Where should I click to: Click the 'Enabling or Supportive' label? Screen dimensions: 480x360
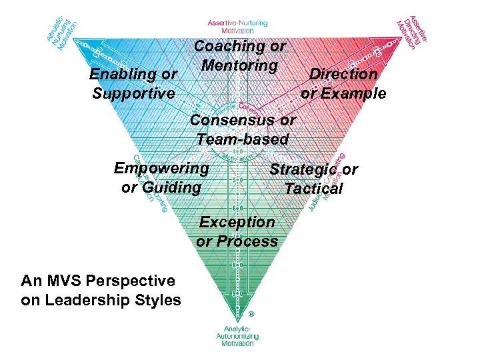(x=133, y=84)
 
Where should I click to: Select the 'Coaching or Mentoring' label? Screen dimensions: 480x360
(x=239, y=56)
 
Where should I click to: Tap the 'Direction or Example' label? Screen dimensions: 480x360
(x=343, y=84)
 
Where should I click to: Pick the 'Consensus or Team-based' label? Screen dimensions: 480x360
(x=243, y=130)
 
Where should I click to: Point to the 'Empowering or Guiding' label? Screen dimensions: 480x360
(x=161, y=177)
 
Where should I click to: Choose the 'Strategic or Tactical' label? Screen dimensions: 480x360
(x=313, y=179)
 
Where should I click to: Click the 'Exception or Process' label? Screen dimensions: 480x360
(x=237, y=231)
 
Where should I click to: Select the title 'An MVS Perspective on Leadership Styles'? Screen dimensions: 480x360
(x=101, y=291)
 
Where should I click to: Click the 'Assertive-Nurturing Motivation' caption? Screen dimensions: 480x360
(x=237, y=26)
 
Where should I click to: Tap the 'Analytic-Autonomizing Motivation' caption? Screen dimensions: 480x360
(x=237, y=337)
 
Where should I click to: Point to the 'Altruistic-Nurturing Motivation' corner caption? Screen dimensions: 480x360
(x=64, y=32)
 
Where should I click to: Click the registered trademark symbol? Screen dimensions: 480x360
(x=251, y=313)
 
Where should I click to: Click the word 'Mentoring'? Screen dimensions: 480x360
(x=239, y=66)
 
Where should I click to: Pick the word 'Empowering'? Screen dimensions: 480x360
(x=161, y=168)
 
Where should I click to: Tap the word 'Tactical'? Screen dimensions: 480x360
(x=313, y=189)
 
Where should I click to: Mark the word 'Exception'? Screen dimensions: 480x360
(x=237, y=221)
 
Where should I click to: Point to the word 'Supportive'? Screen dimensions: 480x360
(x=133, y=94)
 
